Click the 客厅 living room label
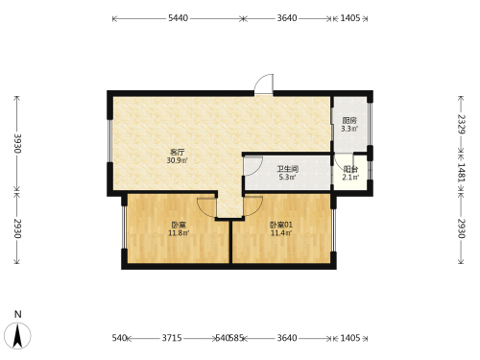pos(178,152)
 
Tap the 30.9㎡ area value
pos(177,160)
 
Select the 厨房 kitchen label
pos(349,121)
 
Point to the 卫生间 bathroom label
pos(287,169)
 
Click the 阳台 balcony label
pos(350,169)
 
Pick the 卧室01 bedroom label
pos(281,225)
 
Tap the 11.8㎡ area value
pos(179,233)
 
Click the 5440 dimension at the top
pos(179,18)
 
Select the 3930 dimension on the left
pos(17,143)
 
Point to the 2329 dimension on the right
pos(461,124)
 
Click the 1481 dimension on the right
pos(461,173)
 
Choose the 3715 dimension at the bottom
pos(172,338)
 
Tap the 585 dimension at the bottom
pos(236,338)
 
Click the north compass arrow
pos(17,335)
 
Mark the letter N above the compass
pos(18,314)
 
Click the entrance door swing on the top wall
pos(264,84)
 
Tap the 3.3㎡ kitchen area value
pos(349,129)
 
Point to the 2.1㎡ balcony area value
pos(350,177)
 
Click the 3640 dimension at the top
pos(287,18)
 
